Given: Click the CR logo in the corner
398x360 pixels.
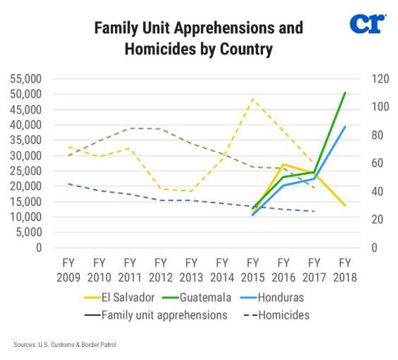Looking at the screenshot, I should [x=367, y=24].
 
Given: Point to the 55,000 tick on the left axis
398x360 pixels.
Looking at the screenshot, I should [x=25, y=79].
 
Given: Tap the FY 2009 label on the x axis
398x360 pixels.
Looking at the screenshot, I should [x=68, y=269].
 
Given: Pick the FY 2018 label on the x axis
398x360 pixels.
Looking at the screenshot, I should [x=345, y=269].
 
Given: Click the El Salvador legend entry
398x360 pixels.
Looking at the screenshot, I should [x=120, y=297].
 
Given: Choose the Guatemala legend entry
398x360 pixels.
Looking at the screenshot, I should [x=199, y=297].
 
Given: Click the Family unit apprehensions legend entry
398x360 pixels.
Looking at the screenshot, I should [x=157, y=315].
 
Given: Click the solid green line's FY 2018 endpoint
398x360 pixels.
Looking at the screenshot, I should [x=345, y=93].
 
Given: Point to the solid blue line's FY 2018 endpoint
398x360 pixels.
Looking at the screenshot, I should [x=345, y=126].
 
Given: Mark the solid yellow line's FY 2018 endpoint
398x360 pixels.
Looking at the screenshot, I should [x=345, y=206].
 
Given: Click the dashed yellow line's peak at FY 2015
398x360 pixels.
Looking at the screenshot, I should [x=253, y=99].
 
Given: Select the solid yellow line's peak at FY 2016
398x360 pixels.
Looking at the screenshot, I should [x=283, y=164].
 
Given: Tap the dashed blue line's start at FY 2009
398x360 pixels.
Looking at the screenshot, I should [x=68, y=184].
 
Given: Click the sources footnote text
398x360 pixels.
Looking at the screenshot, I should [x=65, y=345].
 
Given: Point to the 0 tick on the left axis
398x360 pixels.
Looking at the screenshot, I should [x=39, y=247].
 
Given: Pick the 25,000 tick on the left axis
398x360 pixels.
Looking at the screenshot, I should [x=25, y=171].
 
